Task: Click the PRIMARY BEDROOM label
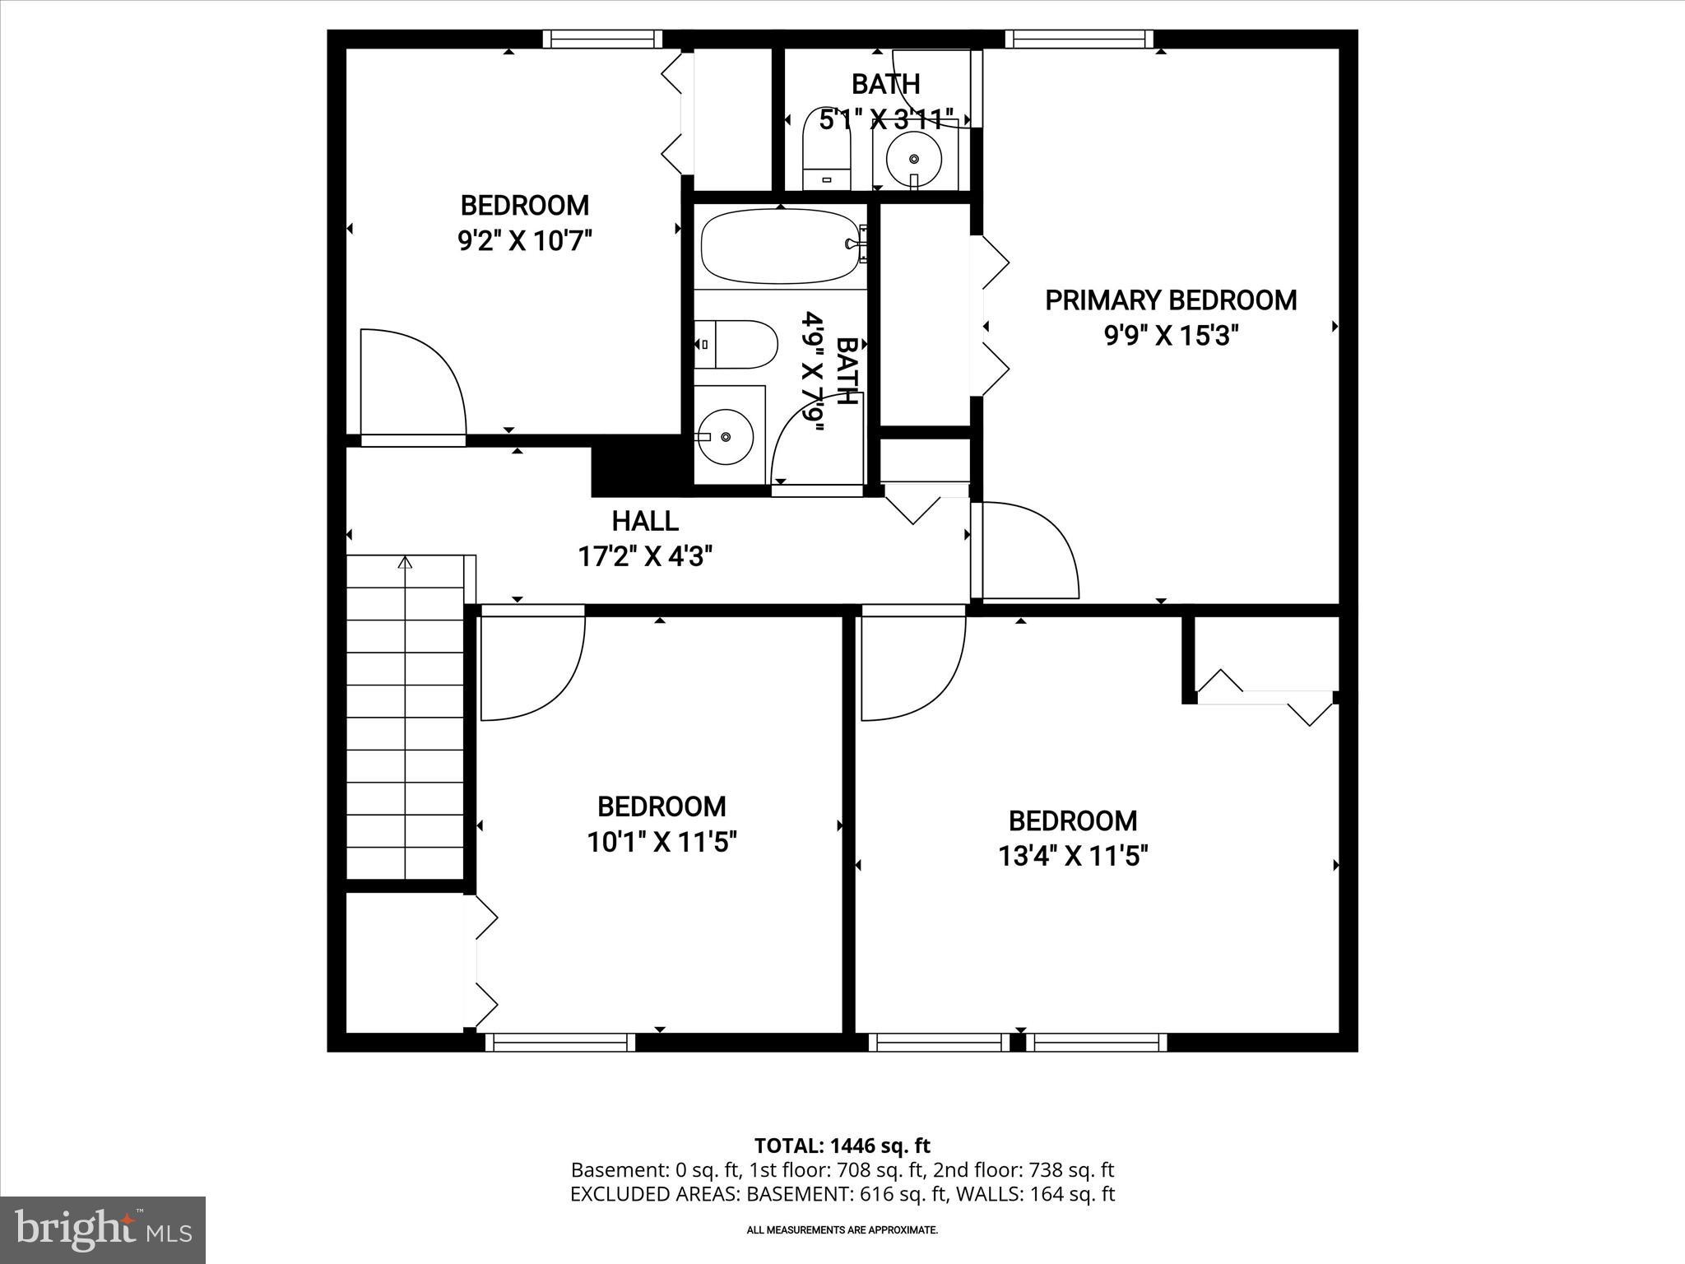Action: coord(1171,300)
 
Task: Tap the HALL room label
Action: coord(645,521)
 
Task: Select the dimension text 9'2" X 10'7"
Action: coord(525,241)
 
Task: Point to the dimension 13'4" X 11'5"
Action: coord(1073,857)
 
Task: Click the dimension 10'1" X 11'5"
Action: coord(661,842)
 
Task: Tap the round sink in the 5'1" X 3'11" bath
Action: coord(913,157)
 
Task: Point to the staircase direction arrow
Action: coord(405,563)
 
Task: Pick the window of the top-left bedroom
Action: coord(602,39)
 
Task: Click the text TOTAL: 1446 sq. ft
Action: coord(842,1145)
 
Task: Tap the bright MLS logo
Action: coord(103,1229)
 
